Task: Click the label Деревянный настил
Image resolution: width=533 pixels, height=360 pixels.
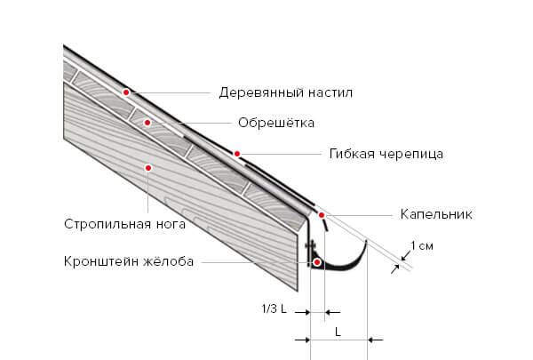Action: tap(285, 92)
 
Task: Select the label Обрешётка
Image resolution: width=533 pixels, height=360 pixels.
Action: tap(276, 123)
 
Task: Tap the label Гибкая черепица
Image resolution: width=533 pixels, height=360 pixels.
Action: tap(386, 154)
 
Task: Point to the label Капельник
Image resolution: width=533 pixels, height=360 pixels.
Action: tap(436, 214)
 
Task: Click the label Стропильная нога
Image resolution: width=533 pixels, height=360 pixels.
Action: tap(124, 224)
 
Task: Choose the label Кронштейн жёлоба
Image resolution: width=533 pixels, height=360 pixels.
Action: tap(129, 261)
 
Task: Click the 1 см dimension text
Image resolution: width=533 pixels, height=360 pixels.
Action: tap(422, 245)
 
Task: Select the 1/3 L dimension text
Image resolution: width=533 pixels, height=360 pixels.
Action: tap(274, 309)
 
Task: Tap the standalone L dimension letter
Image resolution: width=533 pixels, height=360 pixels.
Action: tap(338, 332)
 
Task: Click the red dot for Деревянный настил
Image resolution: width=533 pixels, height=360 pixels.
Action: tap(126, 92)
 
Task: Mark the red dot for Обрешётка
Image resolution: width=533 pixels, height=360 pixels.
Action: tap(147, 123)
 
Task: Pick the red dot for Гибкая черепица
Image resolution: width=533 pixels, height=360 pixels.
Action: tap(237, 154)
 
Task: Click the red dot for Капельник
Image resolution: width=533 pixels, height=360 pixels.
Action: tap(322, 215)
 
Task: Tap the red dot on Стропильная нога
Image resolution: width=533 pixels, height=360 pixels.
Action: tap(148, 168)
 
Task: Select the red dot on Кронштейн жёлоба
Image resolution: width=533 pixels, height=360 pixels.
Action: tap(317, 262)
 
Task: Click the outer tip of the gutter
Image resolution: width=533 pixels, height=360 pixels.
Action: tap(366, 241)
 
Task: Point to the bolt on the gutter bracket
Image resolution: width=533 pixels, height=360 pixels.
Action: tap(311, 245)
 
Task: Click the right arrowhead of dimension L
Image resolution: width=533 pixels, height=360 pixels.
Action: tap(371, 340)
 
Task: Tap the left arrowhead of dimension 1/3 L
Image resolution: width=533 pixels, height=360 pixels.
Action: tap(306, 312)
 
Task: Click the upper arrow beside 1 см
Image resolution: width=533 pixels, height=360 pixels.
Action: tap(406, 255)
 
